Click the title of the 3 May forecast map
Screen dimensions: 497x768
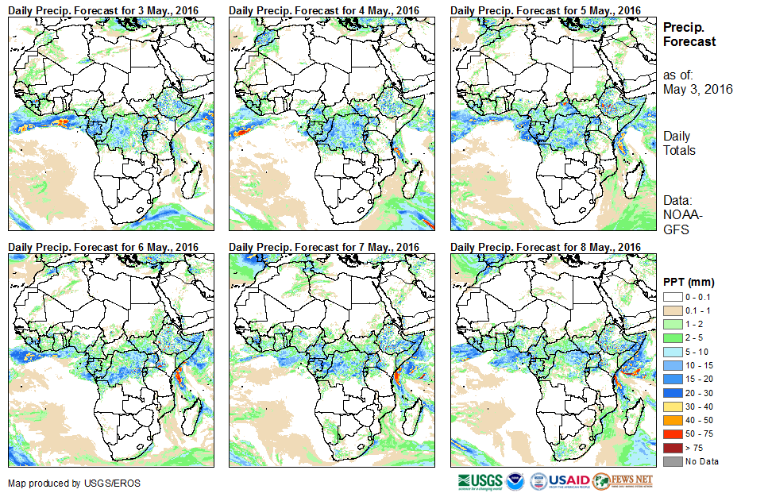coord(104,10)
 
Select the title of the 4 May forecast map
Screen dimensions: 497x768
coord(325,10)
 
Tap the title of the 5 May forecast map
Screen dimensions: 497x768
coord(546,10)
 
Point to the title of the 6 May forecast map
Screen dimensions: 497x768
coord(104,247)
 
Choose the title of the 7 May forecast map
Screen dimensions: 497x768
coord(325,247)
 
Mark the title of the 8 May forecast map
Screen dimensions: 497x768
coord(546,247)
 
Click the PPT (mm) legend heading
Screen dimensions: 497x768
coord(689,282)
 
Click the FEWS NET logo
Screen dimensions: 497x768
coord(623,480)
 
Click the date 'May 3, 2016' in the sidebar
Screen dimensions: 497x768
coord(698,89)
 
